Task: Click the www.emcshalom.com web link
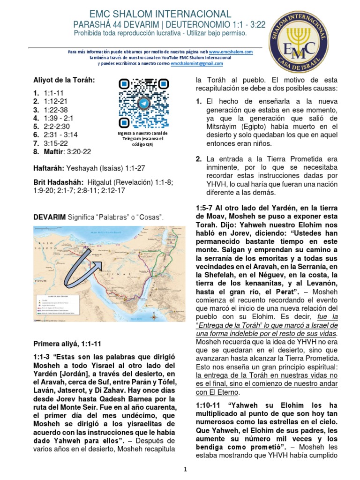click(231, 52)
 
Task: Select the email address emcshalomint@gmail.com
click(197, 63)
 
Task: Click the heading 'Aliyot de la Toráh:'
click(64, 80)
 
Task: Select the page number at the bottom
click(185, 469)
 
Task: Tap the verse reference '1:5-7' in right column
click(205, 208)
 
